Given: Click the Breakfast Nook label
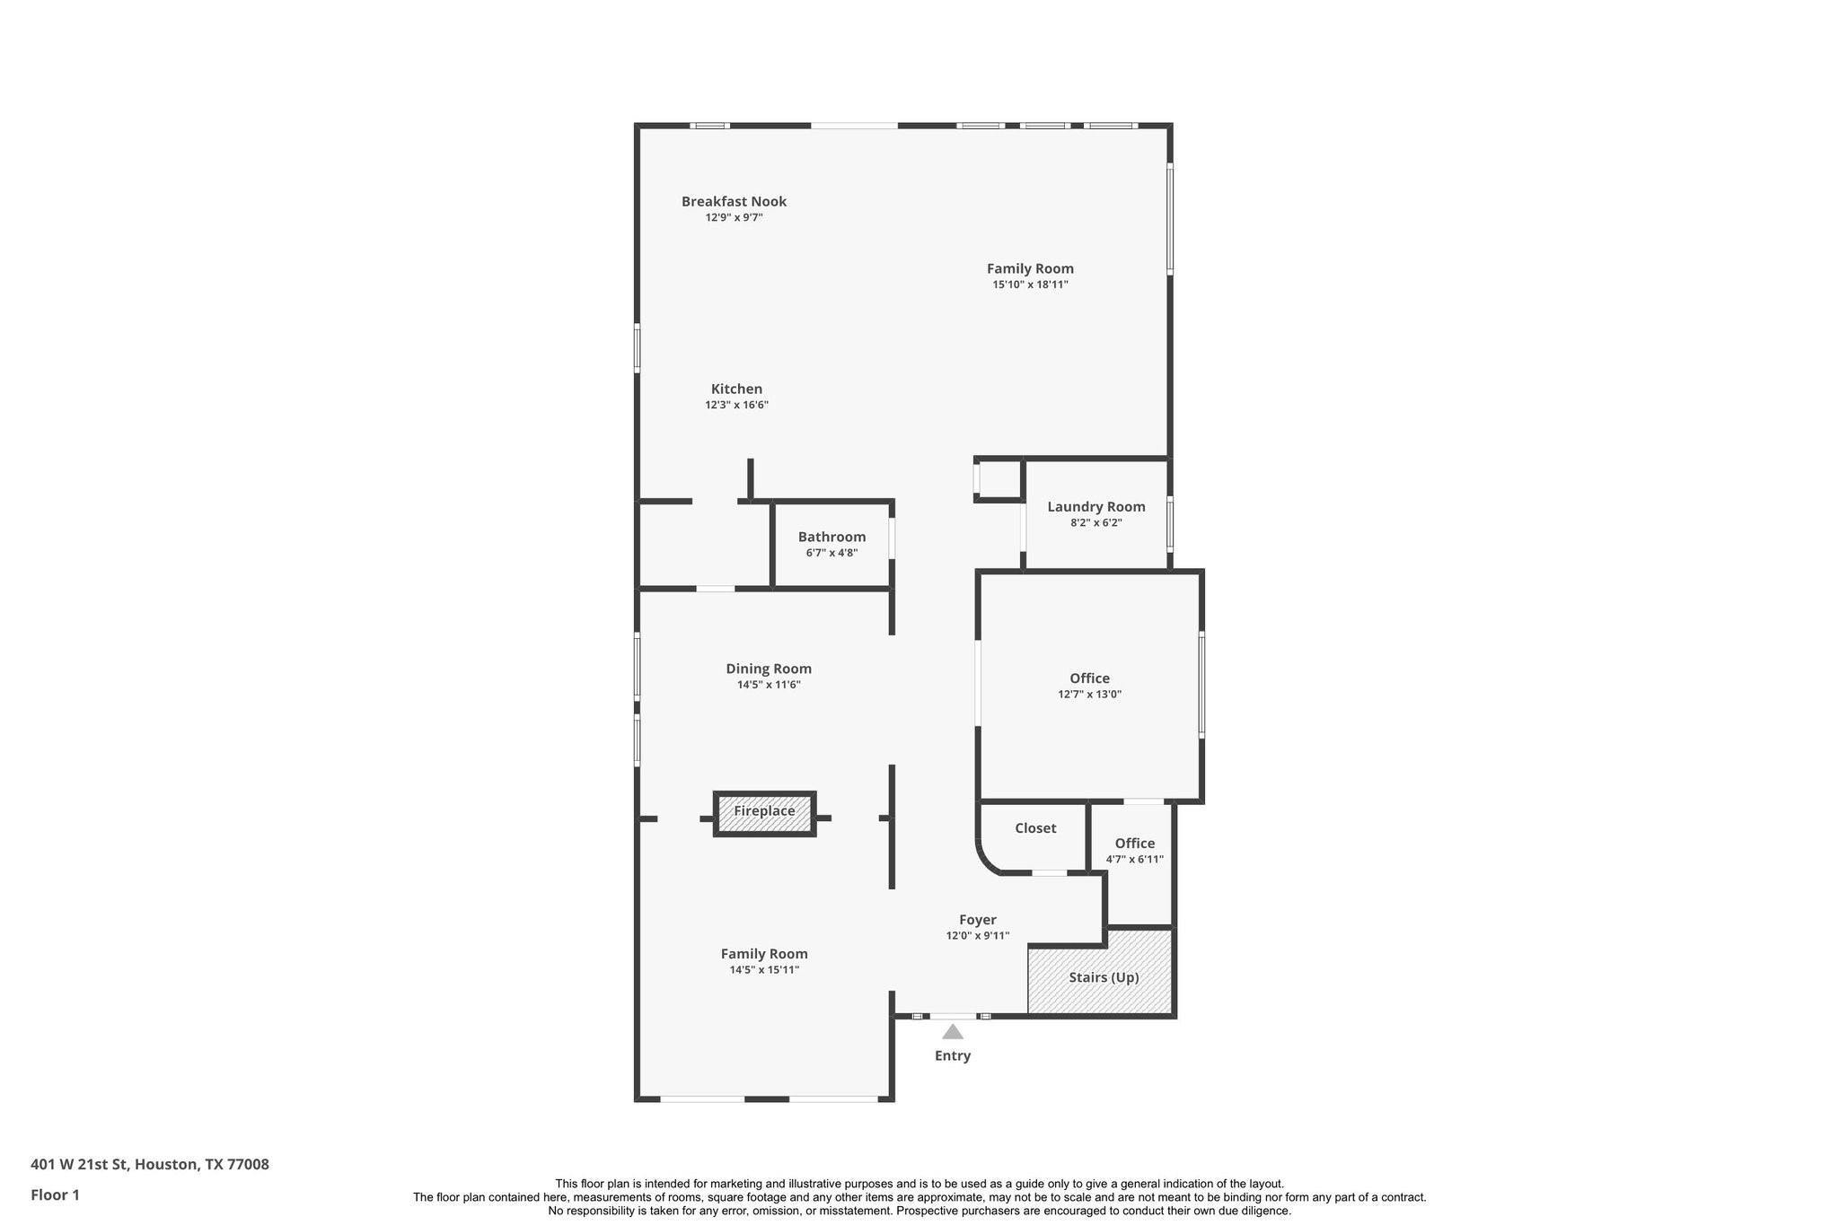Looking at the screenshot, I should [x=734, y=202].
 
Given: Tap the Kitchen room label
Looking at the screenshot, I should [x=736, y=389].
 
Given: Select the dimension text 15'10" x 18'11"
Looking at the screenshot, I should [x=1030, y=285].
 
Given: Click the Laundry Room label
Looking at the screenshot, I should [x=1095, y=507].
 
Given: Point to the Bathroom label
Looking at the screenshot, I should [x=832, y=538].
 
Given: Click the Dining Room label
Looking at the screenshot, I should [x=769, y=669].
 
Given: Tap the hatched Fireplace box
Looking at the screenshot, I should [x=764, y=813].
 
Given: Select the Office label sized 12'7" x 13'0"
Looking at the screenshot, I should [x=1089, y=678].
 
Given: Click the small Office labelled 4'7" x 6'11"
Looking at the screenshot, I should [x=1134, y=844].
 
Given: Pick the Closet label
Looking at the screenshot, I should [x=1035, y=828].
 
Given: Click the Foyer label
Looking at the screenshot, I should [x=977, y=920].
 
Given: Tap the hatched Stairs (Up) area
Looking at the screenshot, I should [x=1102, y=977].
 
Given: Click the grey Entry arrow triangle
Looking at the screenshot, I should [x=953, y=1032].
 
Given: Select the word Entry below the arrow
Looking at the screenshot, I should [x=953, y=1056].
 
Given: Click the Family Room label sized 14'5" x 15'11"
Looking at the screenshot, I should [x=764, y=954].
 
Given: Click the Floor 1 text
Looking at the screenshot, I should [x=55, y=1195].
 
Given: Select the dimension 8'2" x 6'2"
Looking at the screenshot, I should [x=1095, y=523].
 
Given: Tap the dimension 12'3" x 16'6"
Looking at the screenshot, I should [x=736, y=406].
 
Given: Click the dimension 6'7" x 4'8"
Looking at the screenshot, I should [x=832, y=554].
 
